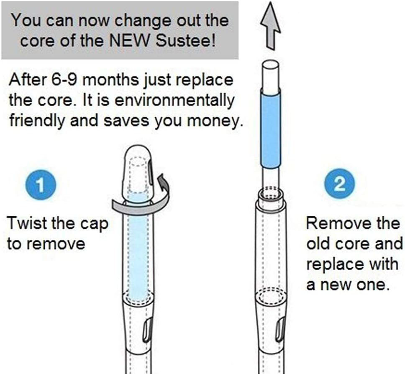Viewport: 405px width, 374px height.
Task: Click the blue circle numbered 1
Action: tap(41, 184)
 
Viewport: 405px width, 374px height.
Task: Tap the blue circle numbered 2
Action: tap(339, 184)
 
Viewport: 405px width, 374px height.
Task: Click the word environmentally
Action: tap(174, 100)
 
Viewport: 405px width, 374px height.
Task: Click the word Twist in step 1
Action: tap(27, 223)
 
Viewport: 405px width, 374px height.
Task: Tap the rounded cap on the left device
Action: tap(138, 174)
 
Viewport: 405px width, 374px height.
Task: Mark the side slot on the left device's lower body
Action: tap(148, 330)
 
